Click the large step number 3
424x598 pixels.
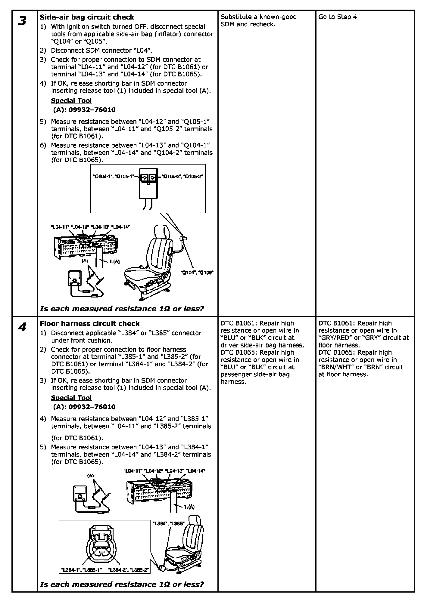pyautogui.click(x=22, y=21)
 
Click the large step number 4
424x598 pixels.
pyautogui.click(x=22, y=327)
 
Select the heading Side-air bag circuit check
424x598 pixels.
pyautogui.click(x=87, y=17)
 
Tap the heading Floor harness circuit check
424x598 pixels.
pyautogui.click(x=90, y=324)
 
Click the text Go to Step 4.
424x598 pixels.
pyautogui.click(x=338, y=17)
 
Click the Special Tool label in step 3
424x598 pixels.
pyautogui.click(x=71, y=100)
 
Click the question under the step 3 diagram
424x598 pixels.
pyautogui.click(x=122, y=309)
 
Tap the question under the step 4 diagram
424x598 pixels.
pyautogui.click(x=122, y=584)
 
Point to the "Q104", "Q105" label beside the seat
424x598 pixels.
pyautogui.click(x=197, y=273)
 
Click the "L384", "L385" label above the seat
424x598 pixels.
pyautogui.click(x=168, y=524)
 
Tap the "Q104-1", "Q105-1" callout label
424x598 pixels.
pyautogui.click(x=114, y=176)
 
